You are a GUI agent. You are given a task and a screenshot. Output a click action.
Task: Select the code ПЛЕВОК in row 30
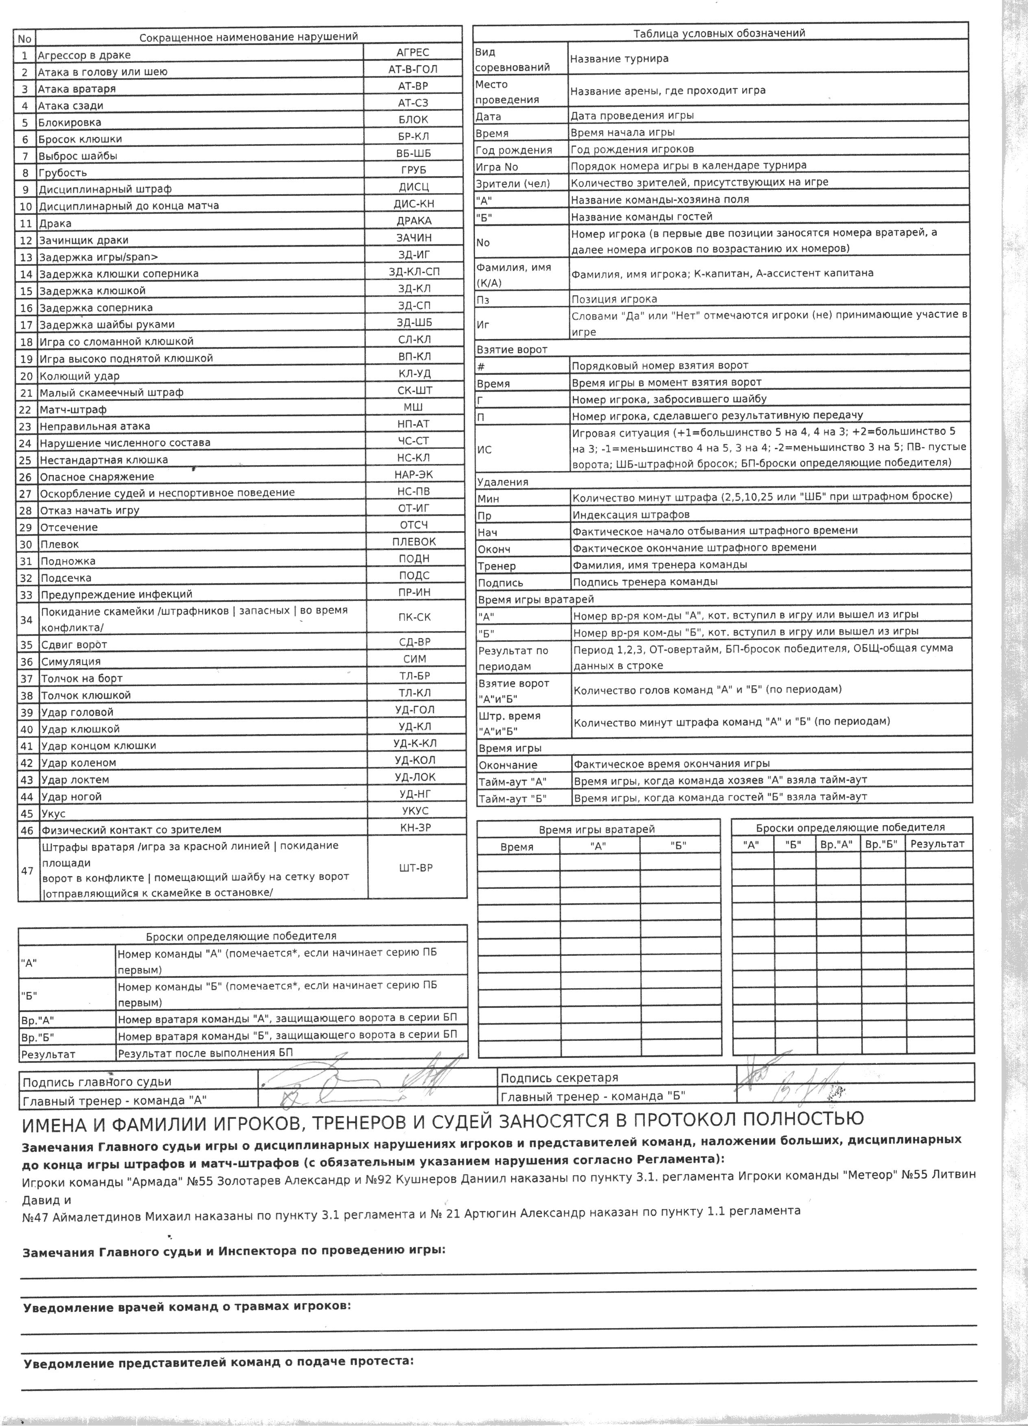pos(414,541)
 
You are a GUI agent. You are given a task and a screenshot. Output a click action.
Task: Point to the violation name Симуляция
pos(70,662)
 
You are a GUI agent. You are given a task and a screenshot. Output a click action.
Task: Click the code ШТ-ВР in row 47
pos(416,868)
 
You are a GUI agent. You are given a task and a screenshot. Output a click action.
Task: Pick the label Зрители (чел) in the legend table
pos(512,183)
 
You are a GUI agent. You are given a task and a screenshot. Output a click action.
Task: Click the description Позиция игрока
pos(614,299)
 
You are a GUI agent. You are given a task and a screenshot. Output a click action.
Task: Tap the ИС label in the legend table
pos(484,450)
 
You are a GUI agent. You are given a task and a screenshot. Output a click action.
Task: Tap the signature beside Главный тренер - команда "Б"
pos(811,1095)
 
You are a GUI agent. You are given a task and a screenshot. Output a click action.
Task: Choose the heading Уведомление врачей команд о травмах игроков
pos(187,1306)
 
